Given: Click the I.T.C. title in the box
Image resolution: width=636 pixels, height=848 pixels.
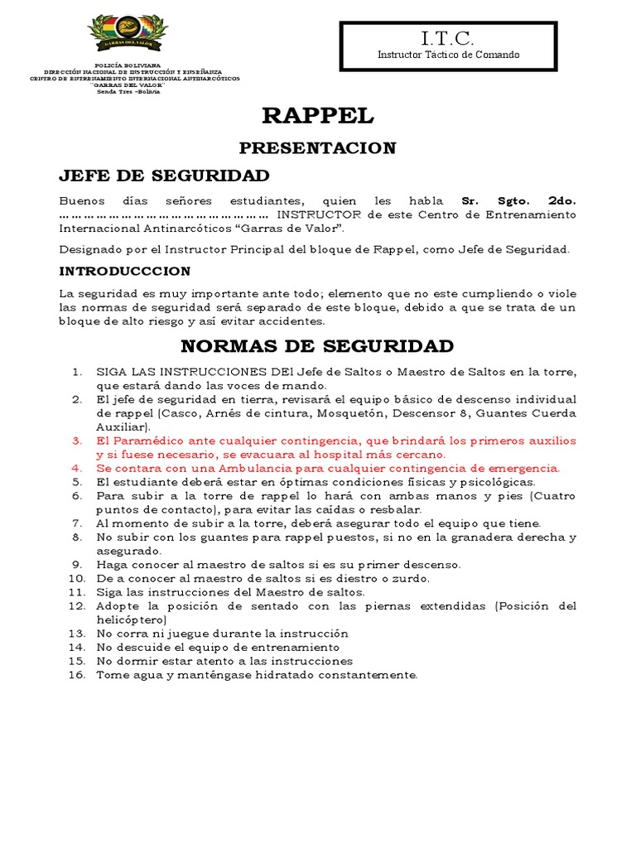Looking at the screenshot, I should point(448,39).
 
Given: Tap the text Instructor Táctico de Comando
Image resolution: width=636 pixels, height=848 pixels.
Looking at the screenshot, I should point(448,55).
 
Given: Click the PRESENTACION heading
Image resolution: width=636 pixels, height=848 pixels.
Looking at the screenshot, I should point(306,148).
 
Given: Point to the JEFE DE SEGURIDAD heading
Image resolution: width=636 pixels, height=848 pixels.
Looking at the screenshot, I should point(164,176).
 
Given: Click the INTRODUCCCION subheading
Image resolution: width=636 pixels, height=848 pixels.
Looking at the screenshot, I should point(125,272).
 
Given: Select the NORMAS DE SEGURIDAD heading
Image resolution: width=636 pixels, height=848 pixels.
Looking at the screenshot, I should point(317,345).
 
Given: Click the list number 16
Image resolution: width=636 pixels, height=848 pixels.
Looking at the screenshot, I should point(77,675).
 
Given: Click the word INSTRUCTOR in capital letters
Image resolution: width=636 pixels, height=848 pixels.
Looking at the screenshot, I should point(319,214).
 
